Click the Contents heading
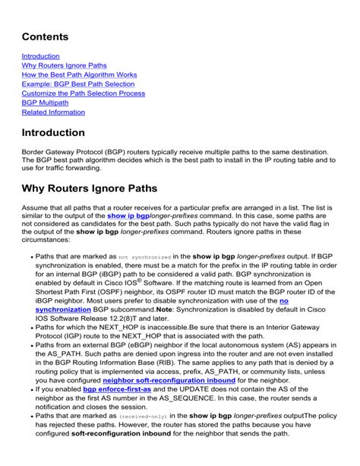pyautogui.click(x=45, y=36)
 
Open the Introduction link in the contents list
pyautogui.click(x=40, y=56)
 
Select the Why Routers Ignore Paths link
pyautogui.click(x=64, y=65)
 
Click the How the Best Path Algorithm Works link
pyautogui.click(x=79, y=74)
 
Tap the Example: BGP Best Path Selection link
pyautogui.click(x=78, y=84)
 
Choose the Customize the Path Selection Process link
pyautogui.click(x=84, y=94)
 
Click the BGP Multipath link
pyautogui.click(x=45, y=103)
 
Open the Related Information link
pyautogui.click(x=53, y=112)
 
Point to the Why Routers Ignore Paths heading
pyautogui.click(x=99, y=188)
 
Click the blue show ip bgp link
pyautogui.click(x=128, y=216)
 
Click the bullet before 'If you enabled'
pyautogui.click(x=30, y=389)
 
